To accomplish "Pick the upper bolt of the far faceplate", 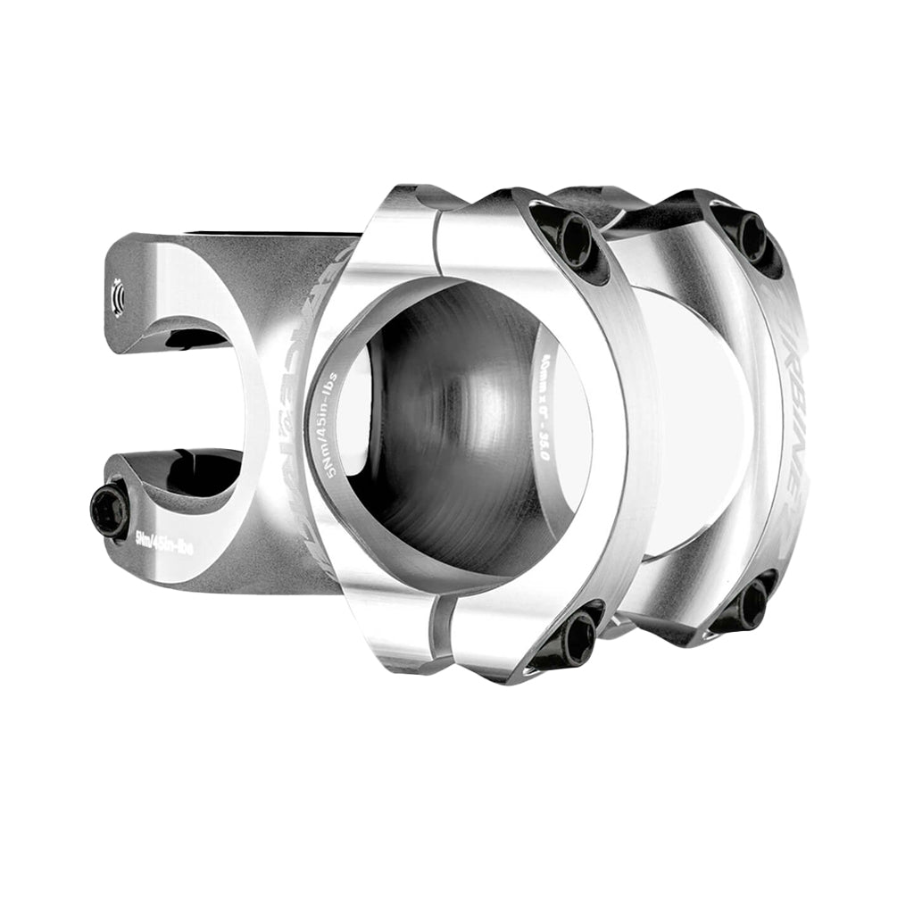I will [752, 234].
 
